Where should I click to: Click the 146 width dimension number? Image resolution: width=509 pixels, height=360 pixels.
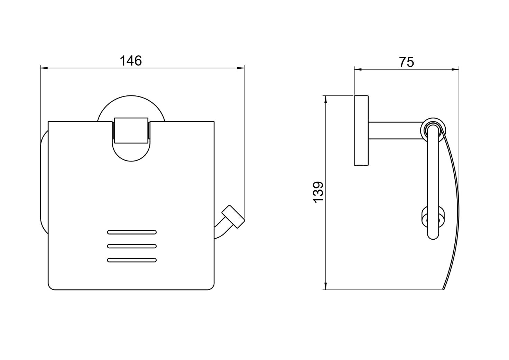click(x=131, y=61)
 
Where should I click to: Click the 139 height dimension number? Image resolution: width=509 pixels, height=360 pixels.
click(x=318, y=192)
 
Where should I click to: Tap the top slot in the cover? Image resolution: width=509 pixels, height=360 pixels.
click(x=132, y=232)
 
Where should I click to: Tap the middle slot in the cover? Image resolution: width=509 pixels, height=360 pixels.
click(x=132, y=246)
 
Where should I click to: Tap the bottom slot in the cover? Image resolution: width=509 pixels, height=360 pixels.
click(x=132, y=260)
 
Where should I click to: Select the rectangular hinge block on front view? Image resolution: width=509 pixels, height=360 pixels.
click(x=131, y=130)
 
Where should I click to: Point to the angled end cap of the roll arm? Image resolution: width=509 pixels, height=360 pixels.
click(x=233, y=216)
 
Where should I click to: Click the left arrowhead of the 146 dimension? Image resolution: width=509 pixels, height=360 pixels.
click(x=44, y=68)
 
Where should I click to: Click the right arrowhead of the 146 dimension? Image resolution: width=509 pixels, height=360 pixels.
click(x=241, y=68)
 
